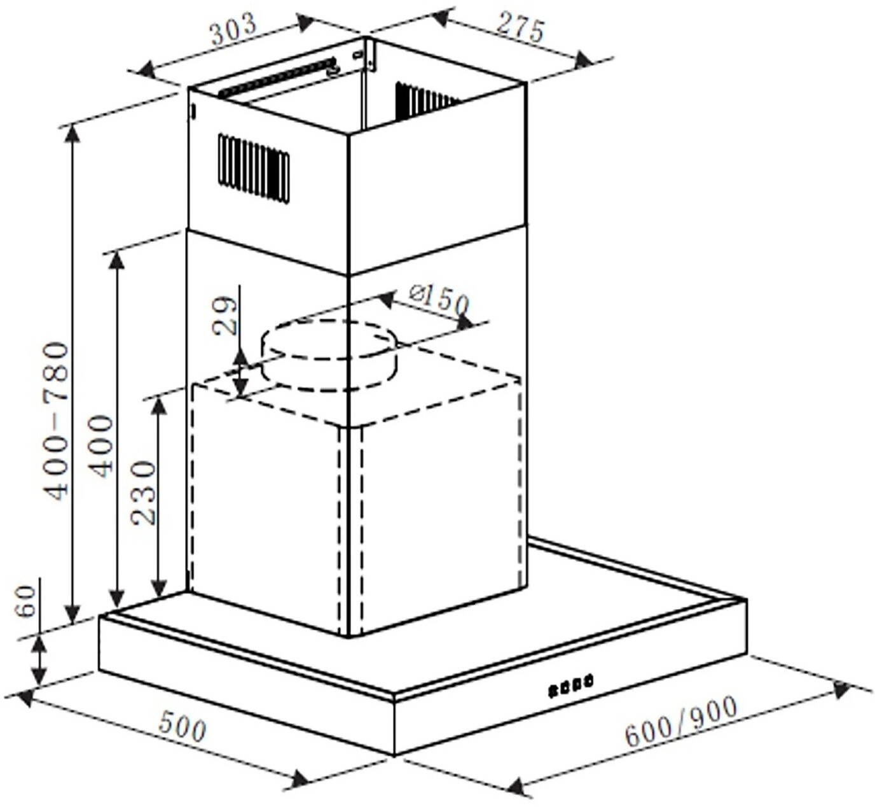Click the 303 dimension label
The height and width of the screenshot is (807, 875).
point(233,29)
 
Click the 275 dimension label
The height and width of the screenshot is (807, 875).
point(520,27)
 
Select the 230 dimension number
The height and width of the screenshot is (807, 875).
point(144,493)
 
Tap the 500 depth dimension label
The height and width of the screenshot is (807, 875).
point(183,726)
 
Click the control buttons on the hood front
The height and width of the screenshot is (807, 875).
point(570,686)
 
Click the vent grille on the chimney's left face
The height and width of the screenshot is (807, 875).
point(253,167)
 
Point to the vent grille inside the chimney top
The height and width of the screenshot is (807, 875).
point(423,101)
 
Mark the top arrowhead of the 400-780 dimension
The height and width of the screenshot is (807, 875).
point(73,134)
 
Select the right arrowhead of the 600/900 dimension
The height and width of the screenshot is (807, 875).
point(841,690)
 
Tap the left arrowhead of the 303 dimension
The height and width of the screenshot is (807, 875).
point(147,69)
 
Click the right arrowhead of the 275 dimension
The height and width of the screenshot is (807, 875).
point(582,60)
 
